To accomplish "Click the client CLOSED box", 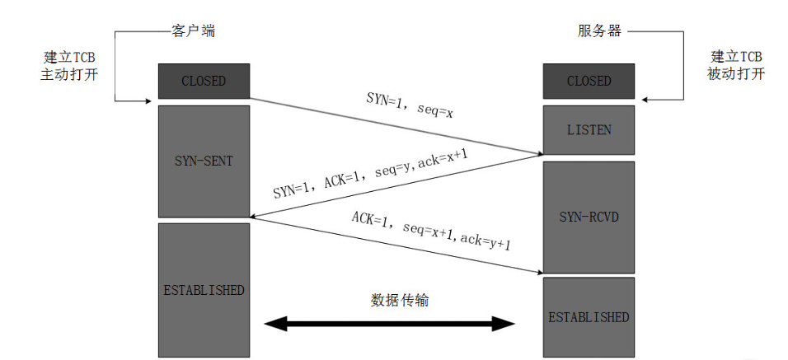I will click(204, 81).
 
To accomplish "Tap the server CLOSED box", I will click(589, 81).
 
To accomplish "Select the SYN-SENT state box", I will click(204, 161).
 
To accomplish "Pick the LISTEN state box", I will click(589, 129).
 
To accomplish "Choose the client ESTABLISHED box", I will click(204, 290).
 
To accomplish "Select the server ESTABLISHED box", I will click(589, 316).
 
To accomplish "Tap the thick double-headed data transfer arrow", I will click(388, 323).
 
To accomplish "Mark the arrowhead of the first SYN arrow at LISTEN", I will click(537, 152).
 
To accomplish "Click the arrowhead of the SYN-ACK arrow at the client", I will click(256, 217).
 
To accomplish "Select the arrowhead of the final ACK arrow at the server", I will click(537, 272).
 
